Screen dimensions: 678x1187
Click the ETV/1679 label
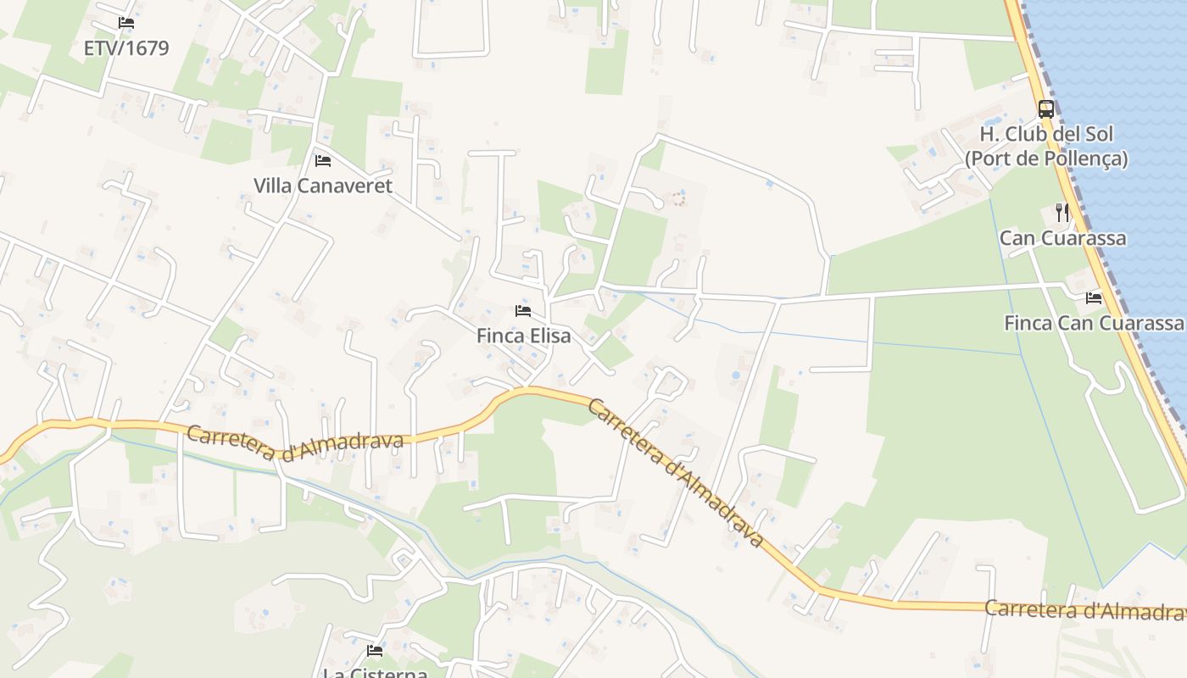(126, 48)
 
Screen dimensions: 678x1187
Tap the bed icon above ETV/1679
(126, 23)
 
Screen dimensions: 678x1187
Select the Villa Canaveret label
(323, 186)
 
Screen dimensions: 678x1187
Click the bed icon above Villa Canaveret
(323, 160)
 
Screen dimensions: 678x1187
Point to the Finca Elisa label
(523, 336)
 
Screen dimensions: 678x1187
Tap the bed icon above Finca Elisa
(523, 311)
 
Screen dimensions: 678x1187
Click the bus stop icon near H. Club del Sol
(1046, 109)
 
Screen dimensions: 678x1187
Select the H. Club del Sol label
(1046, 134)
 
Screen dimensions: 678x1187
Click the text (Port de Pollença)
(1046, 158)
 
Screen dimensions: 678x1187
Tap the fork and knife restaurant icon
(1062, 213)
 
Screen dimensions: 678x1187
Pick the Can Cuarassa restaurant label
(1062, 238)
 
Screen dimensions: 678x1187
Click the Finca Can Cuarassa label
(1094, 323)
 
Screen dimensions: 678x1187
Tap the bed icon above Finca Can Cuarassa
(1094, 298)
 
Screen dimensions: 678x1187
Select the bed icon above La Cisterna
(375, 651)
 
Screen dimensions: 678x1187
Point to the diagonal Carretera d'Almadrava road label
(674, 471)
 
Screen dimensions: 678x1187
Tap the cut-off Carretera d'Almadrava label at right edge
(1085, 610)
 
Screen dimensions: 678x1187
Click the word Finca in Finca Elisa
(499, 336)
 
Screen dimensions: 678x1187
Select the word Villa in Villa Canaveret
(275, 186)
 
